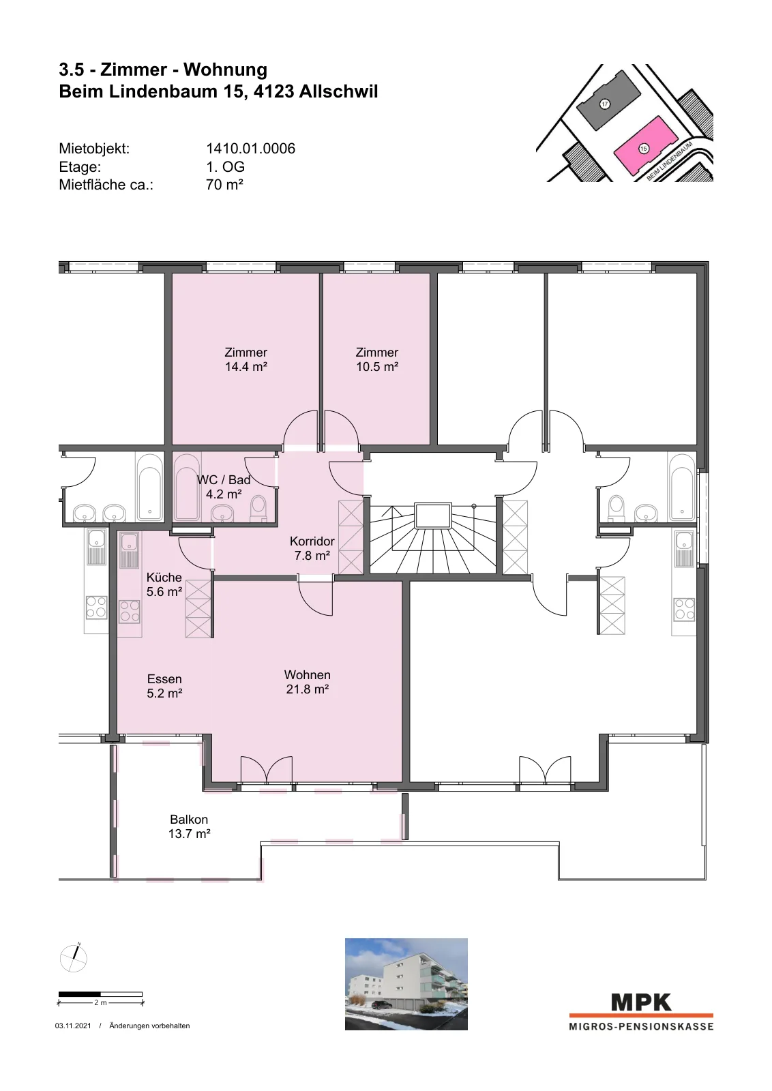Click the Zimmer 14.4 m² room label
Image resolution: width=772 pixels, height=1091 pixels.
[246, 359]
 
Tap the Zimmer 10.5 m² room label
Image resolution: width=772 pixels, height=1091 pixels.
[377, 359]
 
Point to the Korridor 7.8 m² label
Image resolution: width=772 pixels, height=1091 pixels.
[312, 548]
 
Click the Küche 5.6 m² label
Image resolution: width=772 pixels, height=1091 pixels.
[164, 584]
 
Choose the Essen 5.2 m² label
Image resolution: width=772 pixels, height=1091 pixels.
[164, 686]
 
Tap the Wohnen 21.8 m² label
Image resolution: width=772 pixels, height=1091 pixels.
[308, 682]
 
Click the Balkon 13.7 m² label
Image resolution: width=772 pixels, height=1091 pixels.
[189, 826]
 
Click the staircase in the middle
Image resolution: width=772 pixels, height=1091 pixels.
[432, 539]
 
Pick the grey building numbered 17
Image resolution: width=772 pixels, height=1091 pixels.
[608, 100]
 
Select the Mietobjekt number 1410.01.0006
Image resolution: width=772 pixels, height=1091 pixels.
[250, 149]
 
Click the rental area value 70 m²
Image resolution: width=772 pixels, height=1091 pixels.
[224, 185]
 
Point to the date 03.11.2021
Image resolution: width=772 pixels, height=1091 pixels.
[73, 1026]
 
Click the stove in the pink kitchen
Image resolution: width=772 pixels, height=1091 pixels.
[130, 611]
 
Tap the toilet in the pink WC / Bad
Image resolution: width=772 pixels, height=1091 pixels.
[258, 509]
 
